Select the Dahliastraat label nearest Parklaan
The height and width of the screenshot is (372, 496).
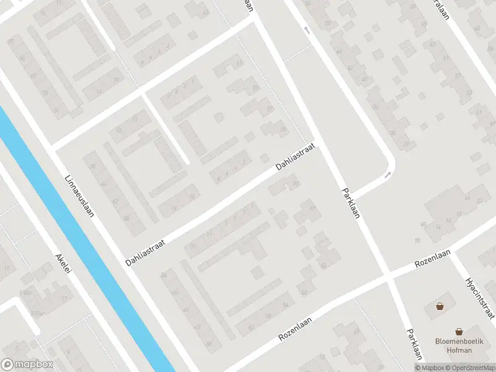point(296,157)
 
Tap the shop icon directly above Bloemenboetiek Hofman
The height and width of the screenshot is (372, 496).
point(459,332)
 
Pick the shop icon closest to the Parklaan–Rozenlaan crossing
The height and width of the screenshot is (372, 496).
point(440,306)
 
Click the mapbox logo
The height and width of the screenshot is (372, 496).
point(27,365)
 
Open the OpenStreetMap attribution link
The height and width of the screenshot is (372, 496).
point(468,368)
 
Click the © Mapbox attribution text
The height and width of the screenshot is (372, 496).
point(429,368)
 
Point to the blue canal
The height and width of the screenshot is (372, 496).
point(93,248)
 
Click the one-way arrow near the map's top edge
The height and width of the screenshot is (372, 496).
point(306,29)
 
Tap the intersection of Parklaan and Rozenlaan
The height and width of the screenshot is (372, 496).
point(389,278)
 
